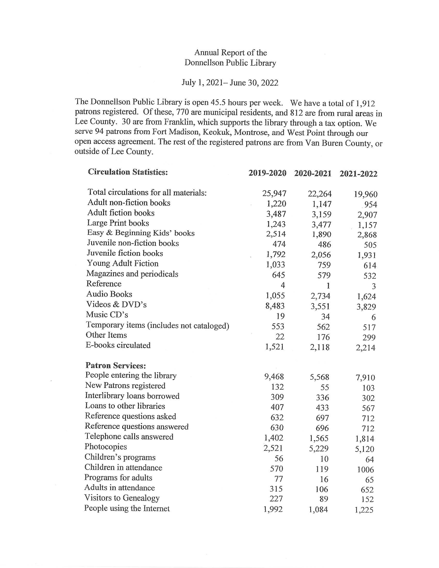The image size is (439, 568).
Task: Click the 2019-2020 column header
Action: click(x=267, y=173)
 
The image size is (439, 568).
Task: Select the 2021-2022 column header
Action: click(x=358, y=174)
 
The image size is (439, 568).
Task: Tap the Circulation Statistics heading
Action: click(x=128, y=172)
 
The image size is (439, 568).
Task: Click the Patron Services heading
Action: click(x=115, y=366)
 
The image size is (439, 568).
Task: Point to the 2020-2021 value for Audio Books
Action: click(x=320, y=296)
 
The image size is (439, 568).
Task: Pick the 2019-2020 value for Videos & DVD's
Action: click(x=275, y=306)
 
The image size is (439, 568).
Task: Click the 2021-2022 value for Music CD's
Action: click(x=373, y=317)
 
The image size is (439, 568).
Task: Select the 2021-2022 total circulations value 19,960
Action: click(x=365, y=194)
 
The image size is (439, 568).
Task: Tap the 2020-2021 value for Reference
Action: click(x=328, y=286)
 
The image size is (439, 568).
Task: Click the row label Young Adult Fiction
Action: click(x=122, y=263)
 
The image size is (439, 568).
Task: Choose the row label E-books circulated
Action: click(x=118, y=345)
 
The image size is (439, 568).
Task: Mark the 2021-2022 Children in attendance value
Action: click(x=365, y=470)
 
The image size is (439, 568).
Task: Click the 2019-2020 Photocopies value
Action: click(x=273, y=448)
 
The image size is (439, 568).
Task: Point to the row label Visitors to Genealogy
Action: click(x=122, y=498)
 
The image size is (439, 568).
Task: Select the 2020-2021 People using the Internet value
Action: click(x=318, y=509)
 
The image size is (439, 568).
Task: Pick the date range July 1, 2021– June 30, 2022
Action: click(x=230, y=83)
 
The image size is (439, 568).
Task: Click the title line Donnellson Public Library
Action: click(x=230, y=63)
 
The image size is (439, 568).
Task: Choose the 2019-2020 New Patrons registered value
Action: click(x=277, y=387)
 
